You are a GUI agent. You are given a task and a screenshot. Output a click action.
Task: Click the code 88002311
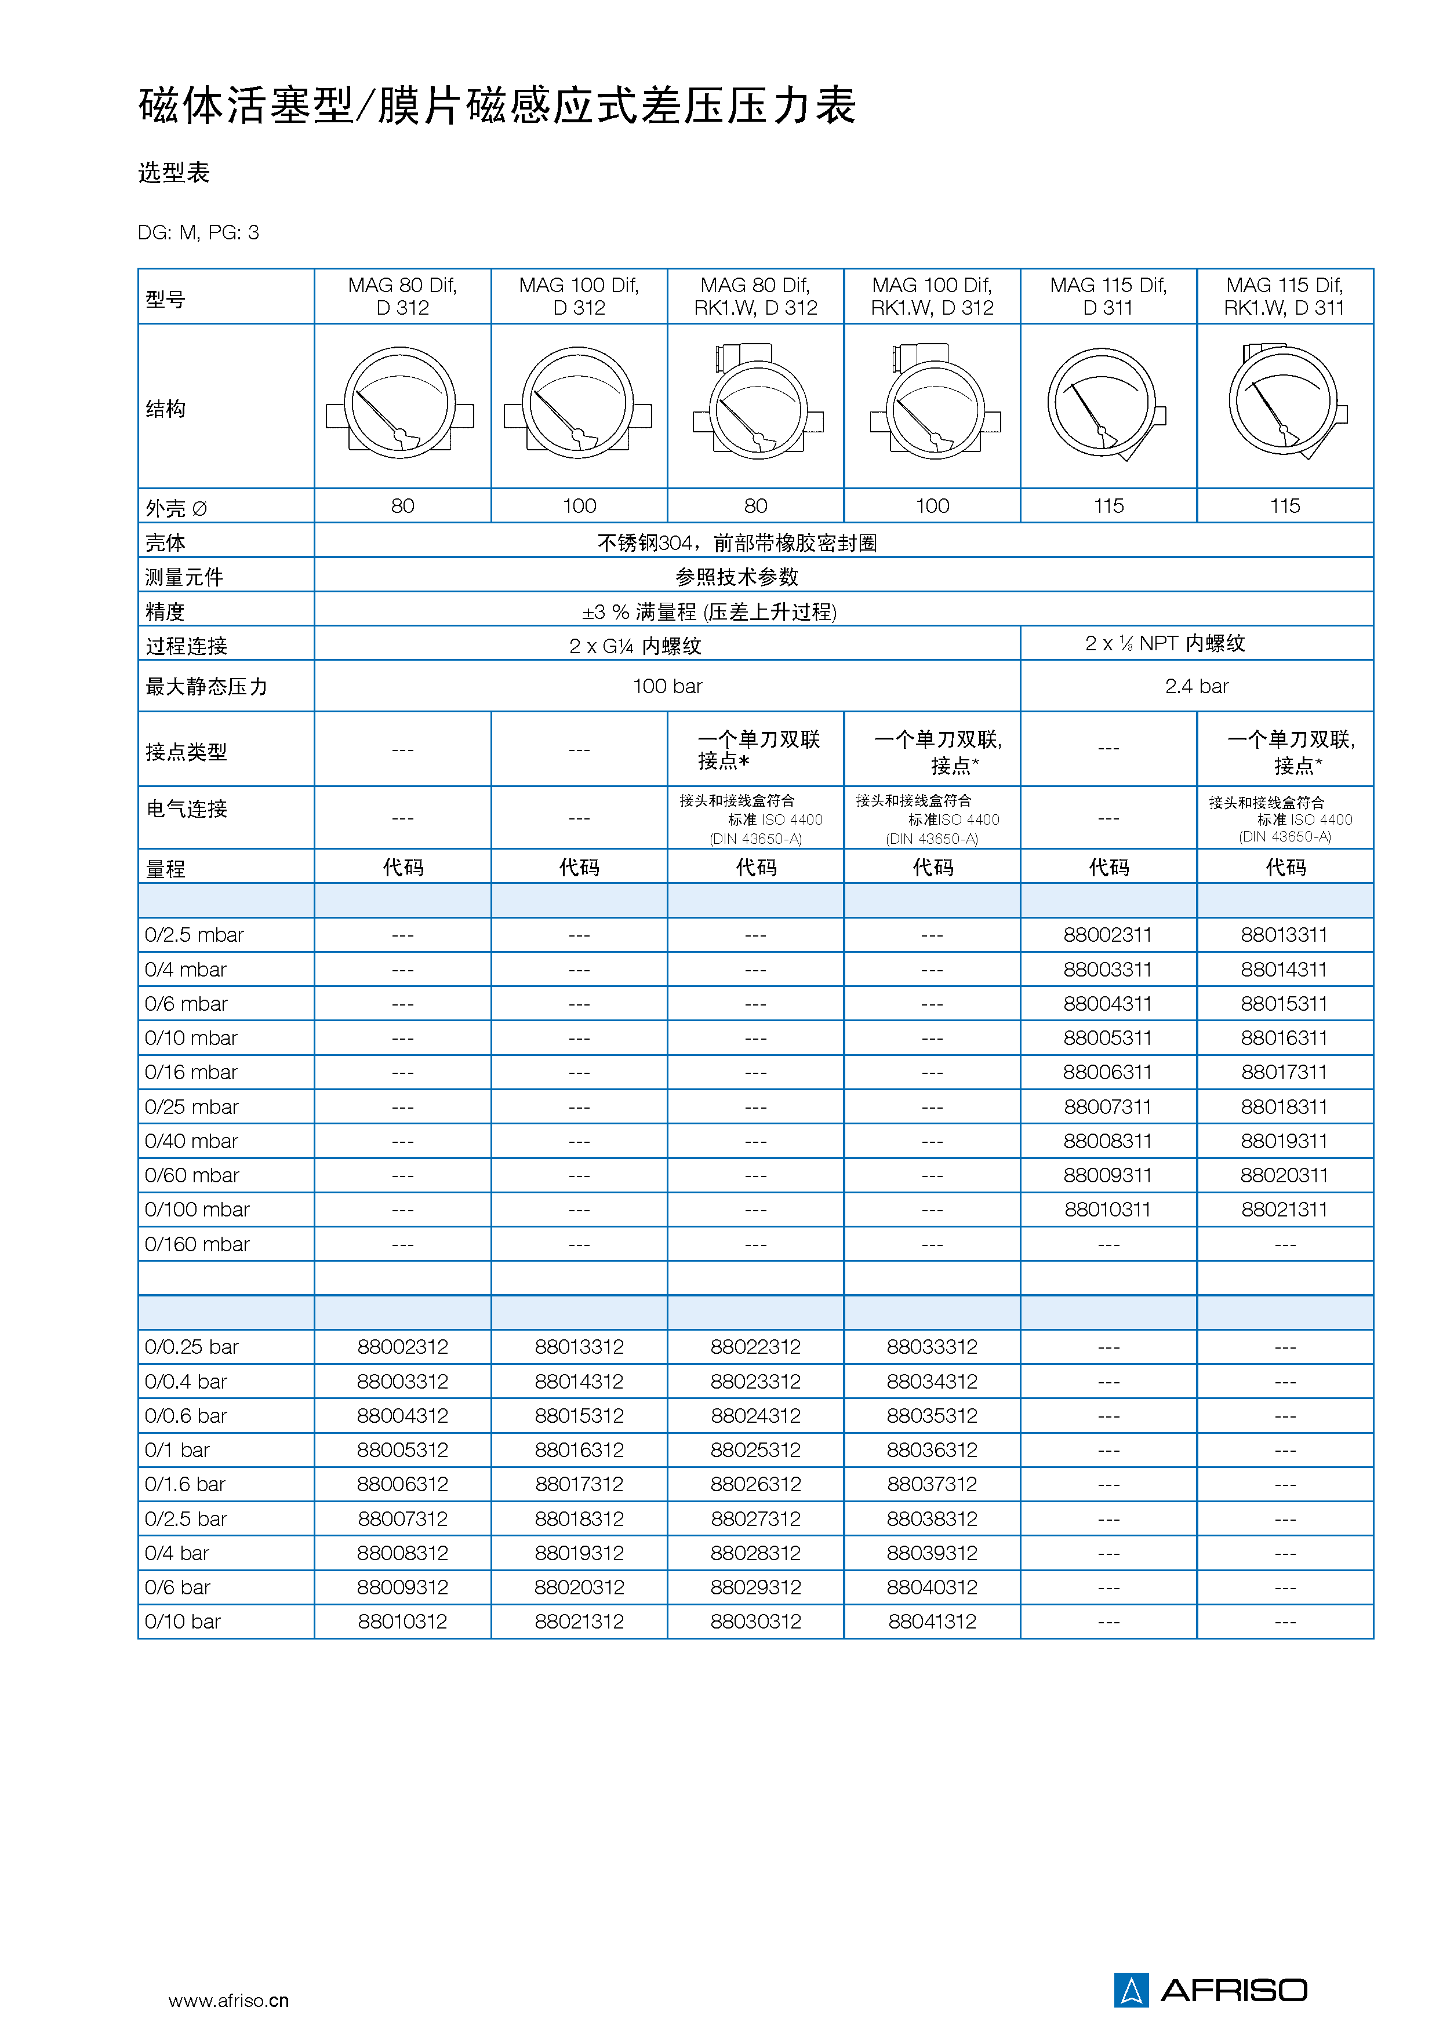pyautogui.click(x=1107, y=935)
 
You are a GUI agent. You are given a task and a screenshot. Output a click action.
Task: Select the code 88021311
pyautogui.click(x=1284, y=1210)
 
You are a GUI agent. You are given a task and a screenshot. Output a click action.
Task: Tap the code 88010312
pyautogui.click(x=402, y=1622)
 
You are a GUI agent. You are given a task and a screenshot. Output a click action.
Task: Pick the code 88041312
pyautogui.click(x=932, y=1622)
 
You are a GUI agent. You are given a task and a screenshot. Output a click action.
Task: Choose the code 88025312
pyautogui.click(x=755, y=1450)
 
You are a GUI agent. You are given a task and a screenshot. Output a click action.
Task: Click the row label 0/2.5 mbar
pyautogui.click(x=195, y=935)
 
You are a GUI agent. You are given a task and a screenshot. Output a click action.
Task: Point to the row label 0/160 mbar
pyautogui.click(x=197, y=1244)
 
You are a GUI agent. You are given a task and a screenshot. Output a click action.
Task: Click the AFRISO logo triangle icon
pyautogui.click(x=1131, y=1990)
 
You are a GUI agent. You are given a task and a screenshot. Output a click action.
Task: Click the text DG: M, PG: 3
pyautogui.click(x=198, y=233)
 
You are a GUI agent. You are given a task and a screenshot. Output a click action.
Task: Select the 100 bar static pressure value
pyautogui.click(x=667, y=686)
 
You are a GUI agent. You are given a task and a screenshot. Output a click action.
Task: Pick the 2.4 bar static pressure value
pyautogui.click(x=1196, y=686)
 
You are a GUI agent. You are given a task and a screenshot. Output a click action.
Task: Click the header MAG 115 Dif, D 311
pyautogui.click(x=1108, y=296)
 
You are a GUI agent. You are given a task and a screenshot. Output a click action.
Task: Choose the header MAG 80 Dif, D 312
pyautogui.click(x=402, y=296)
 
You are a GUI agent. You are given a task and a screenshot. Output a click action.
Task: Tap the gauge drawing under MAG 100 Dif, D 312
pyautogui.click(x=579, y=405)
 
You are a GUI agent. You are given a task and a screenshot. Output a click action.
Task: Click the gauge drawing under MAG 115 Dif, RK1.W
pyautogui.click(x=1285, y=405)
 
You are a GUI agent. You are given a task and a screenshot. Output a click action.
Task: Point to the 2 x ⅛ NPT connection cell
pyautogui.click(x=1165, y=643)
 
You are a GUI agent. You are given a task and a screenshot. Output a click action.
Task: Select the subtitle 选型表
pyautogui.click(x=174, y=172)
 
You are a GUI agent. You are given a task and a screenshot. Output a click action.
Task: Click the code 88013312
pyautogui.click(x=579, y=1347)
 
